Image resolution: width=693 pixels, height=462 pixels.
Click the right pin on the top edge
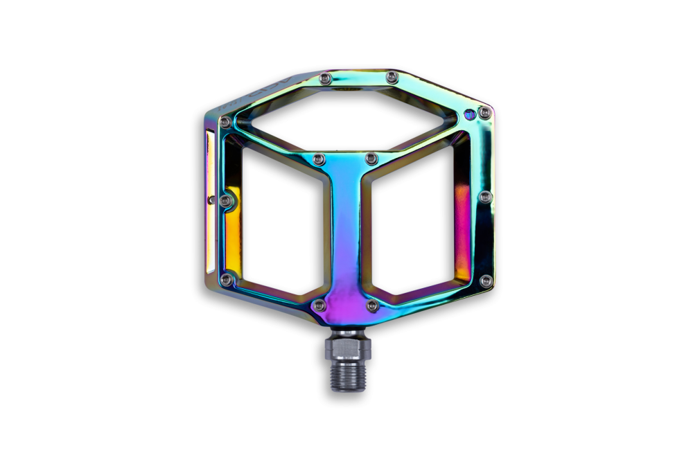click(392, 75)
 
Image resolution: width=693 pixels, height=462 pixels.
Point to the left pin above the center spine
click(317, 160)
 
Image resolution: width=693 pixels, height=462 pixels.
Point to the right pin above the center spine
click(369, 160)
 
